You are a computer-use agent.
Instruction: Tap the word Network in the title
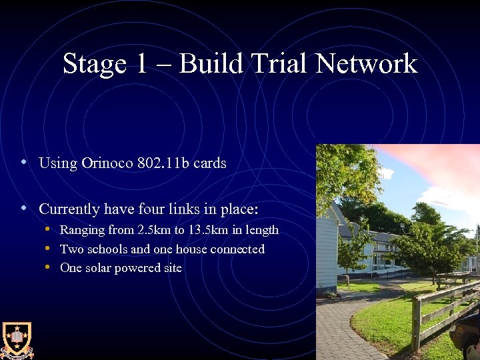point(366,64)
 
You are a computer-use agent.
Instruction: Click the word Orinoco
point(107,163)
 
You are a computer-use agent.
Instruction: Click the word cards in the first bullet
point(210,163)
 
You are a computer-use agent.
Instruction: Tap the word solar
point(99,268)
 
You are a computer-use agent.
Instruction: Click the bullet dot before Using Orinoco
point(24,162)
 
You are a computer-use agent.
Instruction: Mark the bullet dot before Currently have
point(24,208)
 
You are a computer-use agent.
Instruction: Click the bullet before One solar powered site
point(49,267)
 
